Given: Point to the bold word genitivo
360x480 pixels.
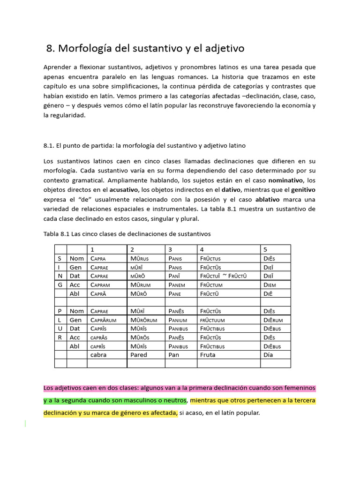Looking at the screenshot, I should point(303,189).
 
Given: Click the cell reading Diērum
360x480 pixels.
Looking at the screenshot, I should point(273,320).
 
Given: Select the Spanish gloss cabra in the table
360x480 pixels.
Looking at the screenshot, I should point(98,355).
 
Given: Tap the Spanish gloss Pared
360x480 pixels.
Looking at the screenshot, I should point(139,355).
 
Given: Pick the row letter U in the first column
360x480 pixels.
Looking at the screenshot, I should point(60,329).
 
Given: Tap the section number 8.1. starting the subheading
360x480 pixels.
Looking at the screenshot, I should point(50,146).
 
